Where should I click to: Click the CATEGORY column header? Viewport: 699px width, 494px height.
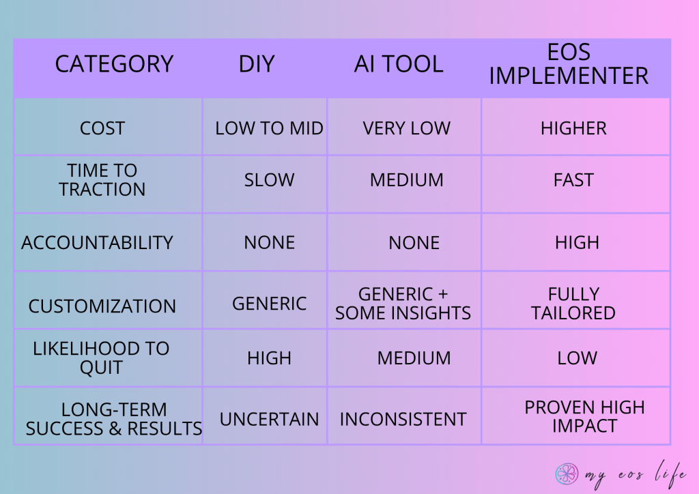[114, 64]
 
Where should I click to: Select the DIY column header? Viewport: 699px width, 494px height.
[257, 64]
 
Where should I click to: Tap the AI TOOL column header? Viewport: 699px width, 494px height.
[399, 64]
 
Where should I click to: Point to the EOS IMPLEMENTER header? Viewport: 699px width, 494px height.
[569, 64]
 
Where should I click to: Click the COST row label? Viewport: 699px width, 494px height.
[102, 128]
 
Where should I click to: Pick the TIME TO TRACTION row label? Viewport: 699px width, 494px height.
[102, 180]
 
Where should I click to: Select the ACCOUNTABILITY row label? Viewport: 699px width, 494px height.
[97, 243]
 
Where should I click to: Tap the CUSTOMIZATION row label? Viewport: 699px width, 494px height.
[102, 306]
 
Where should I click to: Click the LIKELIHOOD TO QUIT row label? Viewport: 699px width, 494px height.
[101, 358]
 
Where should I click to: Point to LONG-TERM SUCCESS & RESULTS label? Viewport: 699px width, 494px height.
[114, 419]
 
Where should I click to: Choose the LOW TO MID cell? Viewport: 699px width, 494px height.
[269, 128]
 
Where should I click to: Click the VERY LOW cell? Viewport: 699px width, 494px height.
[407, 128]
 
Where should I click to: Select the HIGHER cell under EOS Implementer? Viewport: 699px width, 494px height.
[573, 128]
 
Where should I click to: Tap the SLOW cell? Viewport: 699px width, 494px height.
[269, 180]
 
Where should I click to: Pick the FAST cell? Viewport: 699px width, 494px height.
[573, 180]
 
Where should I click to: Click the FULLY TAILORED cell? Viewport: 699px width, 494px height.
[573, 304]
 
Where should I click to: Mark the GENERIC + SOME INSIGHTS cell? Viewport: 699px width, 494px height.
[403, 304]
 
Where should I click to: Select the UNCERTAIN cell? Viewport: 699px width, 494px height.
[269, 419]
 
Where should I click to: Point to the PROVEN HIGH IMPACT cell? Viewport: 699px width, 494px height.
[584, 416]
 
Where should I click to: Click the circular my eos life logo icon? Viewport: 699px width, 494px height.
[567, 474]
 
